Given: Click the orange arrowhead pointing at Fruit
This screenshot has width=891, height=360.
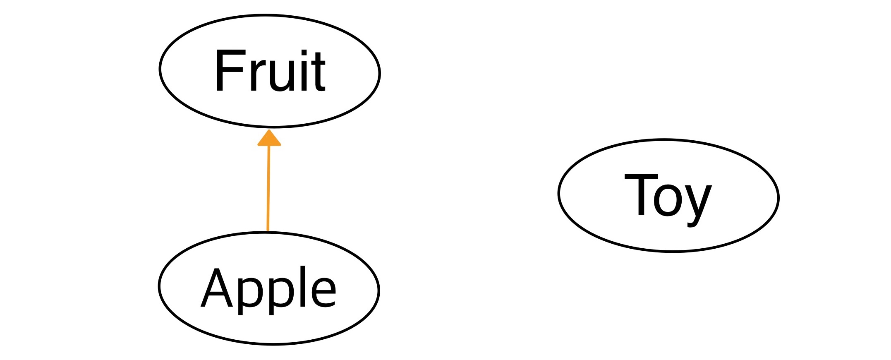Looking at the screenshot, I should pos(269,139).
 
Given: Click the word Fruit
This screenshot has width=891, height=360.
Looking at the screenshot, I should pos(270,71).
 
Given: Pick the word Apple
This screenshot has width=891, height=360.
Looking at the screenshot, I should pos(268,288).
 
